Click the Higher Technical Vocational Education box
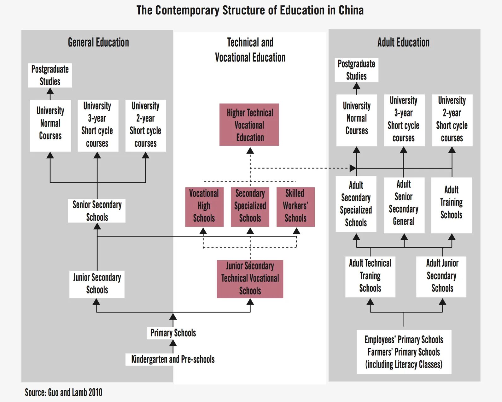tap(249, 125)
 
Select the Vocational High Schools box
tap(204, 207)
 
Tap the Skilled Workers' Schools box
tap(295, 207)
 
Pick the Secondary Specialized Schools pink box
tap(250, 207)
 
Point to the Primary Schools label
tap(173, 333)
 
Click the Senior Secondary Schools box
tap(97, 211)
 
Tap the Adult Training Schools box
tap(451, 205)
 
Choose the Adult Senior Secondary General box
tap(404, 205)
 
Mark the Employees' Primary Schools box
tap(404, 352)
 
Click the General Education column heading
tap(98, 42)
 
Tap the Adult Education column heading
tap(403, 42)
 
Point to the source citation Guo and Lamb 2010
tap(64, 393)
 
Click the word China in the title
tap(351, 10)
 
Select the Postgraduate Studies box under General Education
tap(50, 75)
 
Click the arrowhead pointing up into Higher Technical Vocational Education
tap(250, 151)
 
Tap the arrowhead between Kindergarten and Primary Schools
tap(173, 343)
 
